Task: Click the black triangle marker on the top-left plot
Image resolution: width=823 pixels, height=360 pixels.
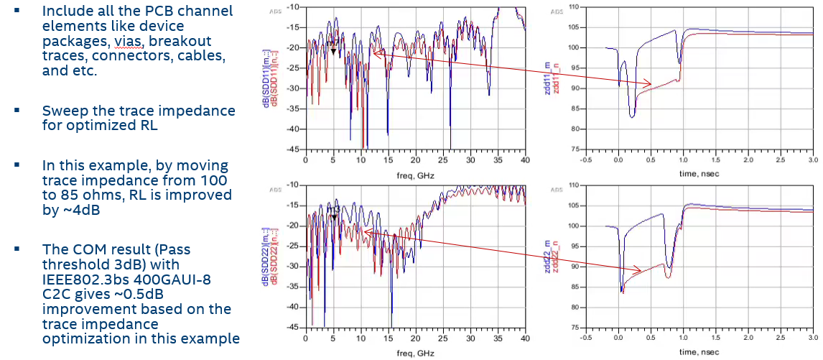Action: (x=333, y=51)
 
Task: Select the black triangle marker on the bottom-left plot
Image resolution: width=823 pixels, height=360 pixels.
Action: (x=333, y=215)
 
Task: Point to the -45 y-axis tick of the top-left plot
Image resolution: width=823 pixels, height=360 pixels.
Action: (x=295, y=149)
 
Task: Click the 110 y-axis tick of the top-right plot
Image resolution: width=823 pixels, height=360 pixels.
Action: (x=572, y=6)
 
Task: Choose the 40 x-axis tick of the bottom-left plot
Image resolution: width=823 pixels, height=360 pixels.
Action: (x=525, y=338)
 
